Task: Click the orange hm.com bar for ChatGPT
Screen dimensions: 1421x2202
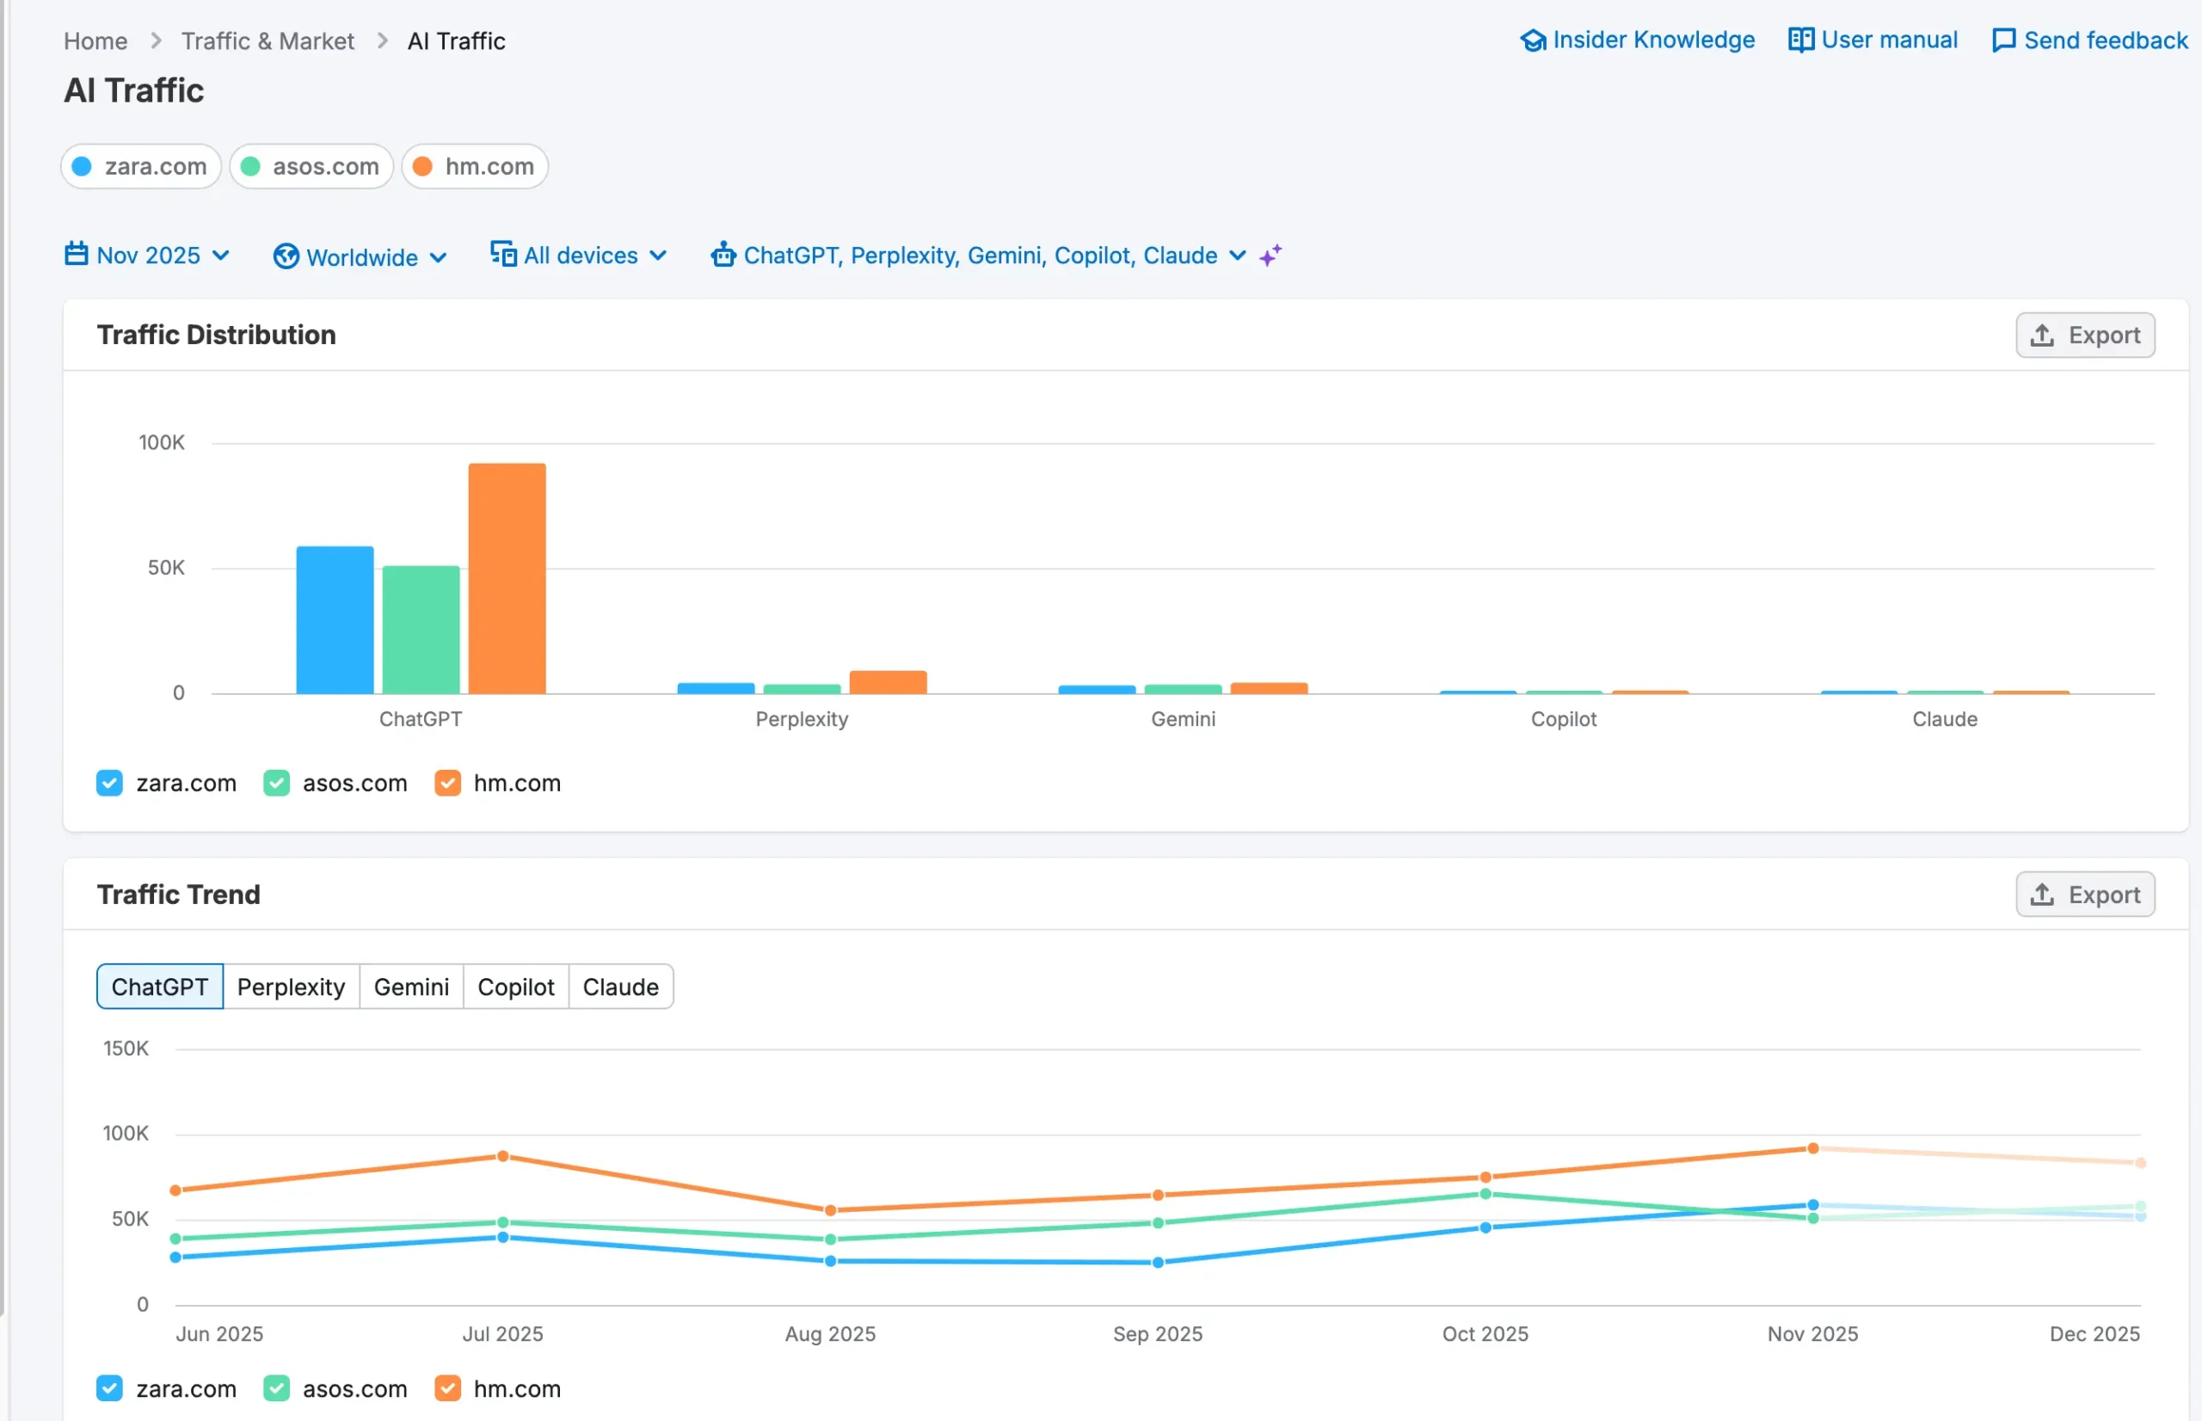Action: [x=507, y=579]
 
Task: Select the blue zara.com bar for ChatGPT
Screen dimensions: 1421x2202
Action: [x=335, y=620]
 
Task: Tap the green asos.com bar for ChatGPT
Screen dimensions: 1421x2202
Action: [x=421, y=630]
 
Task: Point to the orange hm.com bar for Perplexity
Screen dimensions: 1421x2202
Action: [x=888, y=682]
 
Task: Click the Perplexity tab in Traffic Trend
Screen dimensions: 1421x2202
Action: [x=291, y=987]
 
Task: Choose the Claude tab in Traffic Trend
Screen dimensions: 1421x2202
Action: [x=620, y=987]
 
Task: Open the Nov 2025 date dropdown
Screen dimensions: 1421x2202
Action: [x=148, y=255]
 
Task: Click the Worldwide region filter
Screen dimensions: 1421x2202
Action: [x=360, y=256]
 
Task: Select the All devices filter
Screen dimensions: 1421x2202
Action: [x=580, y=255]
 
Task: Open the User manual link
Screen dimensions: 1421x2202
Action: [x=1873, y=40]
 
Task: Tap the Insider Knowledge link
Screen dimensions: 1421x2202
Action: [x=1638, y=40]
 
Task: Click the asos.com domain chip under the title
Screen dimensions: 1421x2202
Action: [x=311, y=167]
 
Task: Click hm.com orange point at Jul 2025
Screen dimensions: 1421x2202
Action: [x=502, y=1156]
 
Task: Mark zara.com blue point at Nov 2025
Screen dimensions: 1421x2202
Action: [x=1812, y=1205]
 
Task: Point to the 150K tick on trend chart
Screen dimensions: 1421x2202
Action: [x=126, y=1049]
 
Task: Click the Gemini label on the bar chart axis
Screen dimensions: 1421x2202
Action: [x=1183, y=719]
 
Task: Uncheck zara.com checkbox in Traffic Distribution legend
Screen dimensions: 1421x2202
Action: [x=110, y=784]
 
